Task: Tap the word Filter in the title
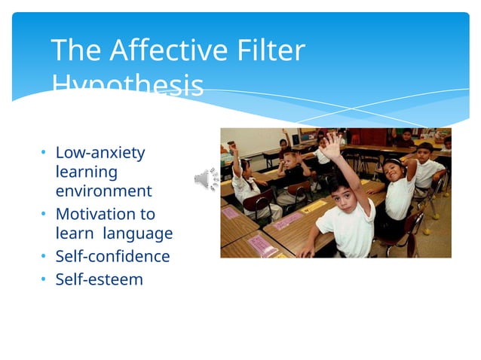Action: [x=269, y=50]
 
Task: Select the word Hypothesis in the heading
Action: [x=127, y=85]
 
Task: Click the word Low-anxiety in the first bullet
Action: [x=100, y=153]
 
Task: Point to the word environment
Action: [x=103, y=191]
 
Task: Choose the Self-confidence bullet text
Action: [x=112, y=257]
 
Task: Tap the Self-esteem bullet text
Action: [x=99, y=280]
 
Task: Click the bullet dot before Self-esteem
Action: [x=44, y=280]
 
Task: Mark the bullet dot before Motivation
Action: [x=44, y=214]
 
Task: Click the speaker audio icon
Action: [x=205, y=179]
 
